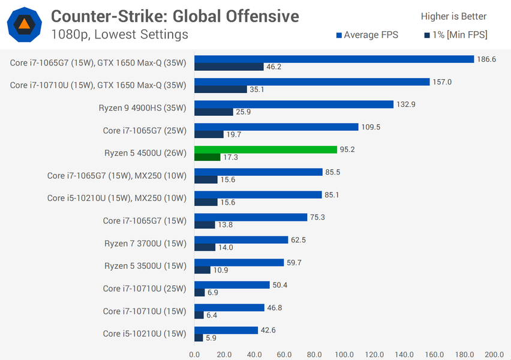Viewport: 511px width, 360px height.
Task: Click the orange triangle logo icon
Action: [x=25, y=25]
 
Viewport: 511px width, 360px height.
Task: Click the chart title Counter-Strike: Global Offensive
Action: [x=175, y=16]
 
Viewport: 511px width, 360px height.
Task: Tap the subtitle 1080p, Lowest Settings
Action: [x=120, y=34]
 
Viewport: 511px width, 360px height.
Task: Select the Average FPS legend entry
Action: [x=367, y=35]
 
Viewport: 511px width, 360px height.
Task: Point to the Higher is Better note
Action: [x=453, y=16]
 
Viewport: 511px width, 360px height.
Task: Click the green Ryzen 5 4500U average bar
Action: [x=266, y=149]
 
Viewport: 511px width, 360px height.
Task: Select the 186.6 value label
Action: [x=486, y=59]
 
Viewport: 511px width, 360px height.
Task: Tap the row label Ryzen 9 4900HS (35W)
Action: [x=143, y=108]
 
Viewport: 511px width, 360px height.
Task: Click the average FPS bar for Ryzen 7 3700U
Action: [x=241, y=239]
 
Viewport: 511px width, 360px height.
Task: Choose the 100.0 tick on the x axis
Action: [x=344, y=354]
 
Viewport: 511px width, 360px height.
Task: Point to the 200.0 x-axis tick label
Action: [x=494, y=354]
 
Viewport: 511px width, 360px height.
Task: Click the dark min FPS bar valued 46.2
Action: [x=229, y=67]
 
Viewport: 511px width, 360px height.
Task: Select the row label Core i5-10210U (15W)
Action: [x=145, y=334]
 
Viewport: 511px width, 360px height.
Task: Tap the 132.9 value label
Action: [x=406, y=104]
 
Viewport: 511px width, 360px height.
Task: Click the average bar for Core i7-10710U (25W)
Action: [x=232, y=284]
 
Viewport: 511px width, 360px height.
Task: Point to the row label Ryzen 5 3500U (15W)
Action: [x=145, y=265]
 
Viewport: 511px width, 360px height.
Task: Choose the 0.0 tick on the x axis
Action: [x=194, y=354]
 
